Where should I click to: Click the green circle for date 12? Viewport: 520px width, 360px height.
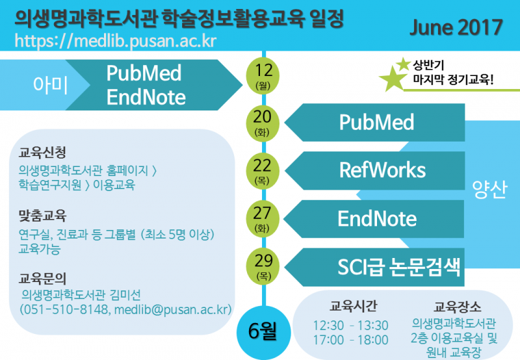pyautogui.click(x=263, y=76)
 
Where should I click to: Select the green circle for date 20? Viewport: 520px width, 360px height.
pyautogui.click(x=263, y=123)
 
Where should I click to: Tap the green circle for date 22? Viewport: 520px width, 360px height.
pyautogui.click(x=263, y=171)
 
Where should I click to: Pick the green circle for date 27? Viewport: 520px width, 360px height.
pyautogui.click(x=263, y=219)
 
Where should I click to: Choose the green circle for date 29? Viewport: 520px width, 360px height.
pyautogui.click(x=263, y=266)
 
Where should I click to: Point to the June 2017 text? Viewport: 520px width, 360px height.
pyautogui.click(x=456, y=27)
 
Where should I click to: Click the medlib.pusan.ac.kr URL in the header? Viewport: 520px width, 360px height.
pyautogui.click(x=116, y=41)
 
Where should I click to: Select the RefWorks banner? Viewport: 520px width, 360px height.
pyautogui.click(x=374, y=170)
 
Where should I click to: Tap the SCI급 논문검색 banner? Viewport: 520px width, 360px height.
pyautogui.click(x=374, y=267)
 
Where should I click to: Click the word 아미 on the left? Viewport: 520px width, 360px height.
pyautogui.click(x=50, y=85)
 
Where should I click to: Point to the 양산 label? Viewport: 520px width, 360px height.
pyautogui.click(x=490, y=189)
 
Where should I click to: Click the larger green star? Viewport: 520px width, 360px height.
pyautogui.click(x=393, y=79)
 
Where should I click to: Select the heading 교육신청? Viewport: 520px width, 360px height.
pyautogui.click(x=42, y=153)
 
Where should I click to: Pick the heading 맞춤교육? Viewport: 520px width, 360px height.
pyautogui.click(x=42, y=216)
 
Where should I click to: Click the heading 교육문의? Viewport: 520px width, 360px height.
pyautogui.click(x=42, y=279)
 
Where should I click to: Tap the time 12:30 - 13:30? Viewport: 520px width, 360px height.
pyautogui.click(x=351, y=326)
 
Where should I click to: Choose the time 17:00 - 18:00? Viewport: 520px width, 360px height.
pyautogui.click(x=351, y=340)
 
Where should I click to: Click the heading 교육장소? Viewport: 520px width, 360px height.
pyautogui.click(x=458, y=307)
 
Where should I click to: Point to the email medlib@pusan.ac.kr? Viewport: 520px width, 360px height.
pyautogui.click(x=173, y=309)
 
